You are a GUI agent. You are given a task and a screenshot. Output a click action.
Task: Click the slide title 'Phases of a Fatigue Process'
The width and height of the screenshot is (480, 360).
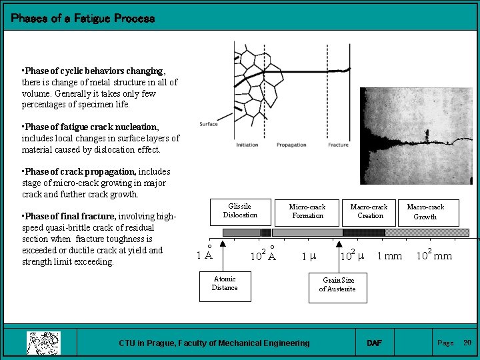(x=83, y=19)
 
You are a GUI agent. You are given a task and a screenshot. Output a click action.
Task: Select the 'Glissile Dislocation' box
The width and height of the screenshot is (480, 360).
(x=240, y=211)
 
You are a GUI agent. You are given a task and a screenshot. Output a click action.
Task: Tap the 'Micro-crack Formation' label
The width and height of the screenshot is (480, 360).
(x=307, y=211)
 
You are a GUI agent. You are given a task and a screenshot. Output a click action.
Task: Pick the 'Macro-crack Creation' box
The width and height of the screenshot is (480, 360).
(x=370, y=211)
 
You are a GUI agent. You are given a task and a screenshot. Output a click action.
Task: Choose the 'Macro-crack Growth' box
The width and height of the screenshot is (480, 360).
(x=425, y=211)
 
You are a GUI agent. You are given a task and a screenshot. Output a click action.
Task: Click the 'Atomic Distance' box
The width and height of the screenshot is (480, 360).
(x=225, y=283)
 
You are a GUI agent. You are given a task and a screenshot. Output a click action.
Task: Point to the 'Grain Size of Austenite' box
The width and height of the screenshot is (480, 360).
(x=337, y=285)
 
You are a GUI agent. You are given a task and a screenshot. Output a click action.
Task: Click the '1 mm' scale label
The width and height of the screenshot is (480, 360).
(x=389, y=255)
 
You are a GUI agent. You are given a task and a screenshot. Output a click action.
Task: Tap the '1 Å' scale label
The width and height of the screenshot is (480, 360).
(x=205, y=254)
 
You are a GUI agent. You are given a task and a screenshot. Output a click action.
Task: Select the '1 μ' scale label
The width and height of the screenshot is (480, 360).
(x=308, y=256)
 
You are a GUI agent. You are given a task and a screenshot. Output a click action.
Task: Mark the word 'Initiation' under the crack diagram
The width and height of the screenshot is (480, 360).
(x=247, y=145)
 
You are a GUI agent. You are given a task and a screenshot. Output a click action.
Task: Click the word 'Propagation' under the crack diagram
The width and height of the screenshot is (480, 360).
(x=291, y=145)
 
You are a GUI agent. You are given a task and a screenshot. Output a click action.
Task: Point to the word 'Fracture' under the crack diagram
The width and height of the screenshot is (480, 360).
(x=338, y=145)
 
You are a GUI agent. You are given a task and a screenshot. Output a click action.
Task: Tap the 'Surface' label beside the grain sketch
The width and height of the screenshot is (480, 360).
(x=209, y=124)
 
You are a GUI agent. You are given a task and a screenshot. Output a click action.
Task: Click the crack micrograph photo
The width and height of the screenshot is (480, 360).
(x=415, y=141)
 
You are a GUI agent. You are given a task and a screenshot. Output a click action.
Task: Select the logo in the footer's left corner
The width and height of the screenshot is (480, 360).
(x=43, y=343)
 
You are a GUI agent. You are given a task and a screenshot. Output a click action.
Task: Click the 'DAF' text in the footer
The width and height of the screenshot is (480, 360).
(x=375, y=343)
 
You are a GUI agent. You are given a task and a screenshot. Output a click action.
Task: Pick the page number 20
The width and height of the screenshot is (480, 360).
(x=467, y=343)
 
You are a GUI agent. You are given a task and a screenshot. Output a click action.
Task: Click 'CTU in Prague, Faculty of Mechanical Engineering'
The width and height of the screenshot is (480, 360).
(x=214, y=343)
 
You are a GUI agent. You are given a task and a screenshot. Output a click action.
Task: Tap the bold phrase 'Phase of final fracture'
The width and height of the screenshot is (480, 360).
(x=70, y=216)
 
